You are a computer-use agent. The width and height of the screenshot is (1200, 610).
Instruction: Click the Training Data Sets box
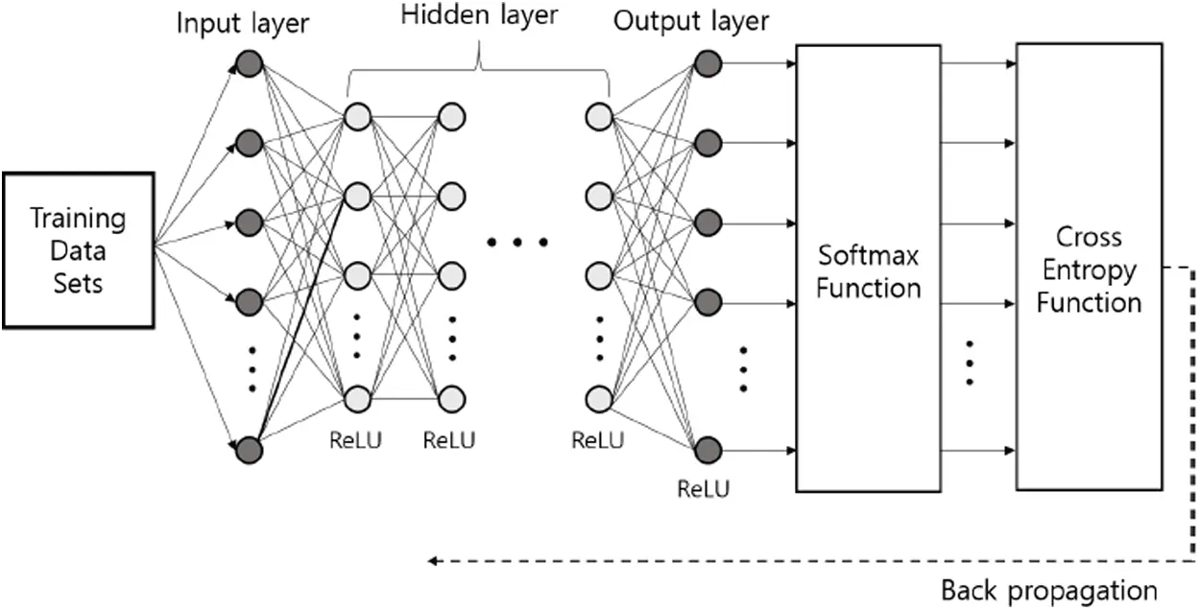click(x=78, y=250)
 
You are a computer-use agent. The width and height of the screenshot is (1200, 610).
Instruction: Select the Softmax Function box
click(x=868, y=270)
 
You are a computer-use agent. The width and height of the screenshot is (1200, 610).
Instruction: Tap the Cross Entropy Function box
click(x=1089, y=268)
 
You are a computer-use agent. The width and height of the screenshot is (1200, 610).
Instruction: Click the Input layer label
click(x=242, y=24)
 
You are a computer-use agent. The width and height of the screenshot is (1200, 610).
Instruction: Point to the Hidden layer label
click(x=479, y=14)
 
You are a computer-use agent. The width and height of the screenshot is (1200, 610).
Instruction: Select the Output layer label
click(x=691, y=22)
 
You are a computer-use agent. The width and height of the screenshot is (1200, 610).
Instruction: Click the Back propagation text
click(x=1048, y=589)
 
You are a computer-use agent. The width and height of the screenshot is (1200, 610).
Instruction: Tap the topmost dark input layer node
click(x=250, y=65)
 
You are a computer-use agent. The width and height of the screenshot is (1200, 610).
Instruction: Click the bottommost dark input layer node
click(x=250, y=450)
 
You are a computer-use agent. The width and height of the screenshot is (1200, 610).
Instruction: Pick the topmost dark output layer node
click(x=708, y=64)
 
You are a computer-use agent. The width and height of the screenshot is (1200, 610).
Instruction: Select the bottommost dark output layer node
click(x=708, y=450)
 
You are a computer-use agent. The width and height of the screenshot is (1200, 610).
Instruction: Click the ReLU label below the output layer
click(x=703, y=489)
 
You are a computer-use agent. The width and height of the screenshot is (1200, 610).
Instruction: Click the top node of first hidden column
click(x=356, y=117)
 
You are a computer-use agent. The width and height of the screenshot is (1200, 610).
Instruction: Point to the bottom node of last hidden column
click(x=599, y=397)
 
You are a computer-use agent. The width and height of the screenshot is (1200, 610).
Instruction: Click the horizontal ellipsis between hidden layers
click(x=516, y=243)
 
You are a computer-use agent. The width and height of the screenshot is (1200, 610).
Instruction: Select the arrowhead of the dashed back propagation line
click(x=434, y=560)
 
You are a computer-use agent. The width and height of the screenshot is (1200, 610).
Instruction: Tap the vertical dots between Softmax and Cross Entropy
click(x=970, y=362)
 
